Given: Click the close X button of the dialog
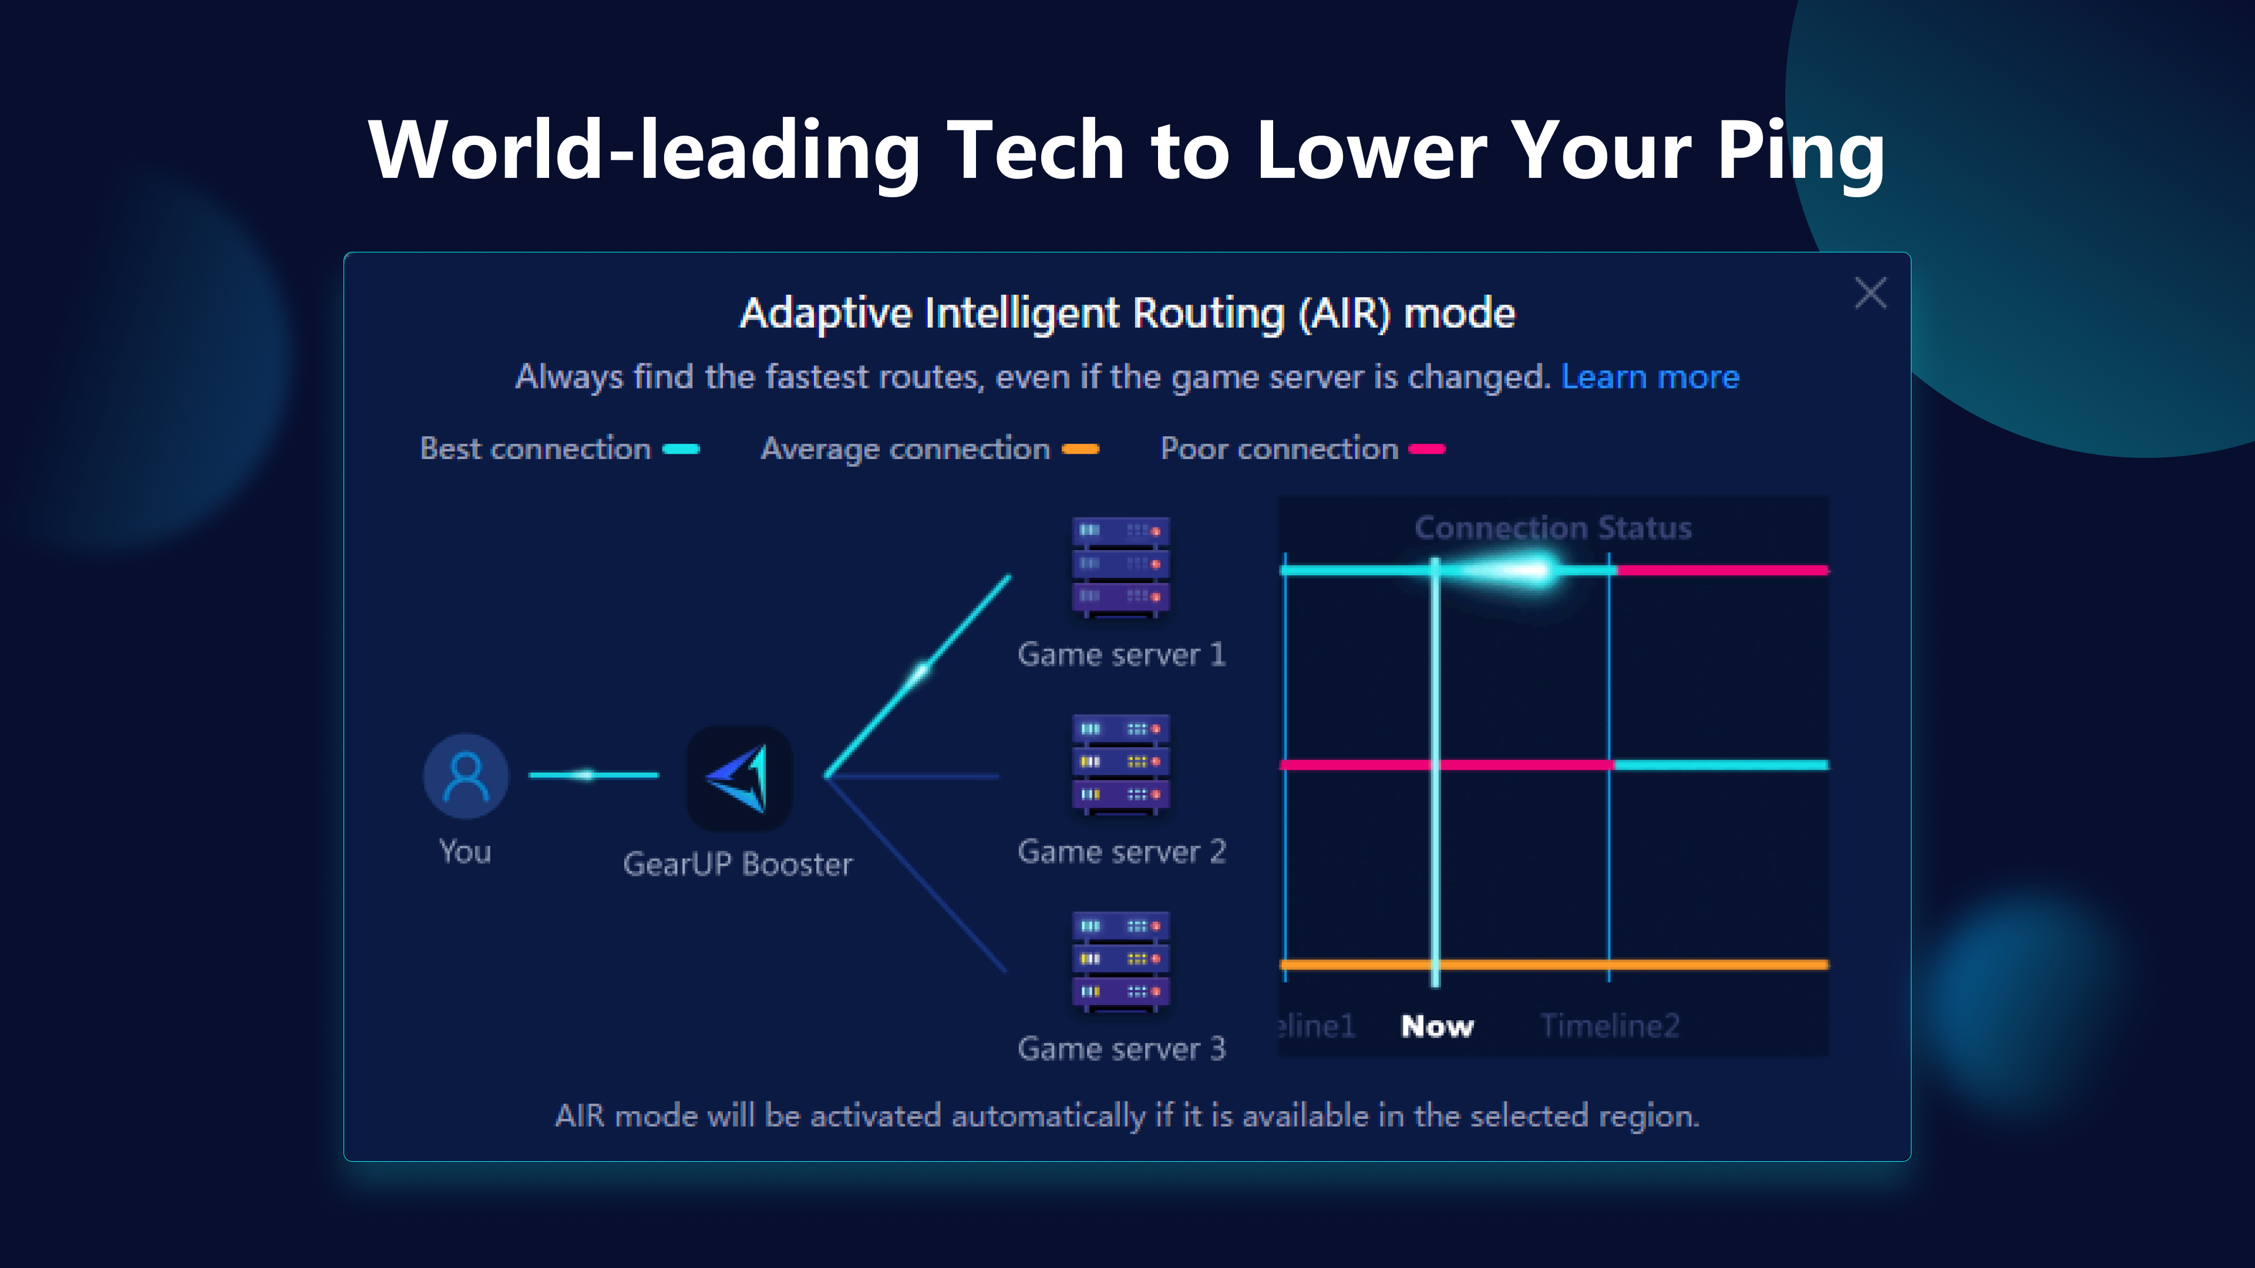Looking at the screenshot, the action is click(1870, 293).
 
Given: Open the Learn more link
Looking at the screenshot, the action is click(1650, 376).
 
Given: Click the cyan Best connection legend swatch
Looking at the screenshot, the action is click(681, 449).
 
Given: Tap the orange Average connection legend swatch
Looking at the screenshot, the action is click(1081, 449).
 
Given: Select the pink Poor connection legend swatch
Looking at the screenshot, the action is click(1427, 449).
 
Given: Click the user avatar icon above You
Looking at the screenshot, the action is click(466, 775).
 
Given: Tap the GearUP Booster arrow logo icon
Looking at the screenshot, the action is click(740, 778).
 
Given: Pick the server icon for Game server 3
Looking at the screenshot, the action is click(1122, 962).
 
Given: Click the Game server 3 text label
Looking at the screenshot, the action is click(1122, 1048).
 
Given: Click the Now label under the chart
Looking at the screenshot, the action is click(1438, 1026).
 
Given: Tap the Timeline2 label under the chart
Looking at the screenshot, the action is click(1610, 1026).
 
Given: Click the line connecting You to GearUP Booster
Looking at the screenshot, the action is click(594, 774).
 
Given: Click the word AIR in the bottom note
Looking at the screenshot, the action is click(580, 1116).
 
